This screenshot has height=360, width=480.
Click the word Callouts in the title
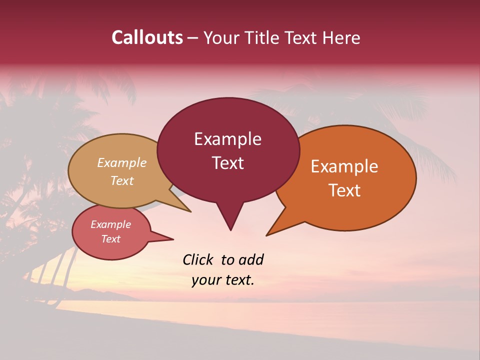[x=147, y=37]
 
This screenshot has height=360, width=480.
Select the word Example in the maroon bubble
[x=227, y=139]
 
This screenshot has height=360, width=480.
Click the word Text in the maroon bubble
[x=227, y=163]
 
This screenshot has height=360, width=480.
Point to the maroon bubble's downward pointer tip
[x=230, y=229]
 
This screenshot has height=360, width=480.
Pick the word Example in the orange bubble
[x=344, y=166]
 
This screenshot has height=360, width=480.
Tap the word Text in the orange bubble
[x=344, y=190]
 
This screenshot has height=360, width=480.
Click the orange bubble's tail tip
[x=267, y=235]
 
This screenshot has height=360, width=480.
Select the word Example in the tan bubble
[x=122, y=163]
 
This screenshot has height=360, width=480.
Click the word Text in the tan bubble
[x=122, y=180]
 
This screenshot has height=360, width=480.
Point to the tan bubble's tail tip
[x=190, y=211]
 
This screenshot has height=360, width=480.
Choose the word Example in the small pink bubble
[x=111, y=224]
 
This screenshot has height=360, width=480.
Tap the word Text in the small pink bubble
[x=111, y=239]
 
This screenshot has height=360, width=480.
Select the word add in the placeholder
[x=251, y=259]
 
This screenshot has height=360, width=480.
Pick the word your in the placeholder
[x=206, y=280]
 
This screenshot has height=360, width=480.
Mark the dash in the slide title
[x=193, y=38]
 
